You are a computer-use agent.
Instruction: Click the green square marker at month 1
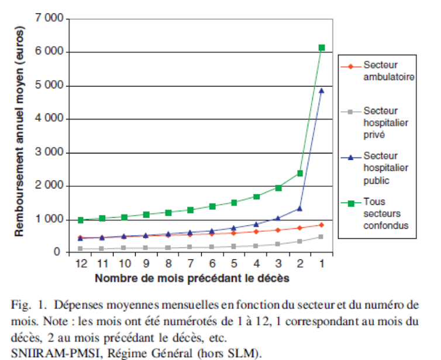322,47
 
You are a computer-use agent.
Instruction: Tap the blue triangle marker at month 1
322,91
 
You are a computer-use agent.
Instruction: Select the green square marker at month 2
300,173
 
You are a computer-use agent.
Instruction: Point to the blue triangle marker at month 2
300,208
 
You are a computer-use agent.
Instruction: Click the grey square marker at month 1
322,236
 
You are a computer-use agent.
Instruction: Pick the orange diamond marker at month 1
322,225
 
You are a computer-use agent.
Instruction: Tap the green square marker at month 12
81,220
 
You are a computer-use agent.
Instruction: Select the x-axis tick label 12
81,265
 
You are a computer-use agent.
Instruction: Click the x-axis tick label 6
212,265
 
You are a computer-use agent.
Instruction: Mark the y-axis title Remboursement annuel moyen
19,135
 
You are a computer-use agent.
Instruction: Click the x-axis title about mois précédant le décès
192,278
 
